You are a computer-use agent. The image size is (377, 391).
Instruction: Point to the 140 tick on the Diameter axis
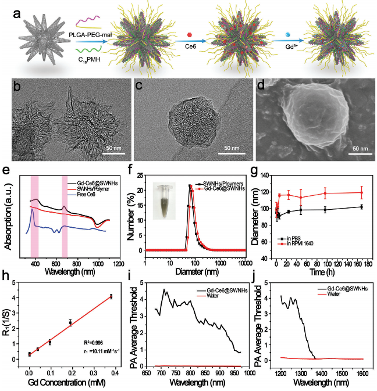268,174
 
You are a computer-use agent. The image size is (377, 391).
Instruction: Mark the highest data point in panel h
111,296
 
